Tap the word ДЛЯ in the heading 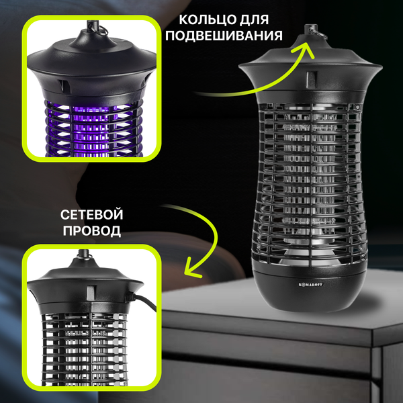point(254,19)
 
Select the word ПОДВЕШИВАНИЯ point(224,35)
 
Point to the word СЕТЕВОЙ point(92,215)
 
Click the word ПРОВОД point(92,230)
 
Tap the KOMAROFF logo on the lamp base point(310,285)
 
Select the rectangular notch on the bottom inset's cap point(91,293)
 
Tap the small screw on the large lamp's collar point(357,107)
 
